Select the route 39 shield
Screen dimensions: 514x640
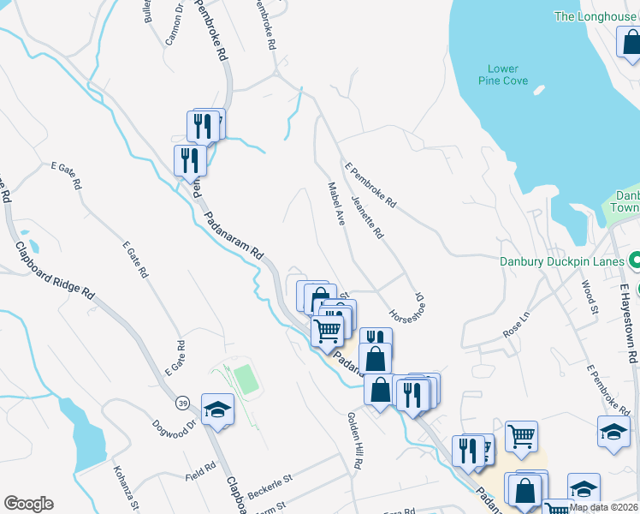tap(183, 403)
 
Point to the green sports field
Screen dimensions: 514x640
tap(246, 380)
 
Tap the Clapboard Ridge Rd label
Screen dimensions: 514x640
tap(55, 270)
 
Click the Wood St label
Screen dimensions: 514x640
tap(589, 296)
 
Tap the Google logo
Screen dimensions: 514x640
tap(28, 504)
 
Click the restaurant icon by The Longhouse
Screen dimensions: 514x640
tap(630, 44)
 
